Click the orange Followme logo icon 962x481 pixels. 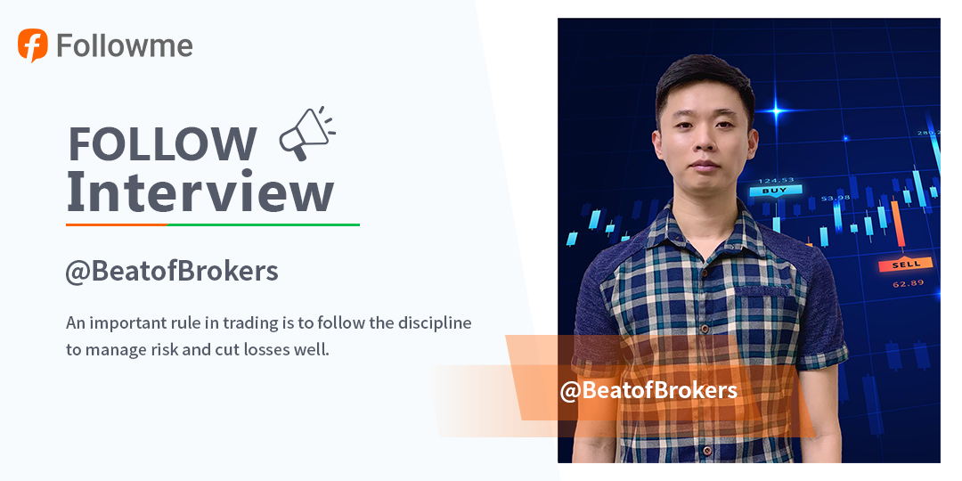pos(33,45)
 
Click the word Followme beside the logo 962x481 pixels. pos(125,46)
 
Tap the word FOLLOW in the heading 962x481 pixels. pos(162,143)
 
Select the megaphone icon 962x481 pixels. pos(306,134)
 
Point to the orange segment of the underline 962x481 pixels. pos(117,224)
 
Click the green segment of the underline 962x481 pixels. pos(263,224)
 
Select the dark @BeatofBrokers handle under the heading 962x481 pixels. pos(172,271)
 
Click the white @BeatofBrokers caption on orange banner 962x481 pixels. pos(648,390)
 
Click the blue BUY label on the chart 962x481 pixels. pos(775,191)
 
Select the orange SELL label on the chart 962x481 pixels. pos(906,264)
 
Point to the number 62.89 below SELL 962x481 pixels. pos(908,283)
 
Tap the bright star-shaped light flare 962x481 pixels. pos(777,111)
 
